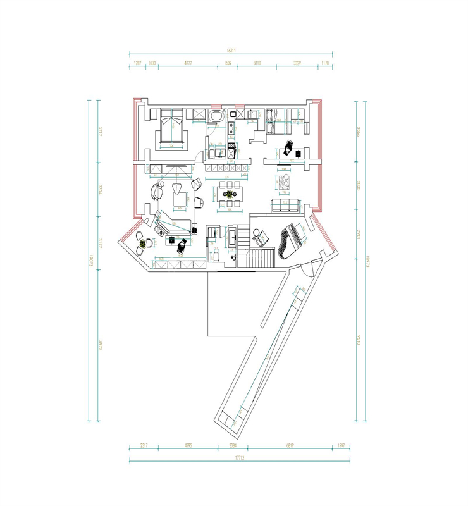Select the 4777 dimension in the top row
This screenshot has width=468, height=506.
[188, 63]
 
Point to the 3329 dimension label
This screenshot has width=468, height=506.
[297, 63]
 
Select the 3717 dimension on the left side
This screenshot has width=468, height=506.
[100, 132]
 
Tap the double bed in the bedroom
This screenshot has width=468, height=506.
[171, 129]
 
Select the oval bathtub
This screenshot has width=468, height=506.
[217, 116]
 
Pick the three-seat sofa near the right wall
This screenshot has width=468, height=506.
[285, 204]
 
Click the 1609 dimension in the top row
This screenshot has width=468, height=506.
[228, 63]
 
